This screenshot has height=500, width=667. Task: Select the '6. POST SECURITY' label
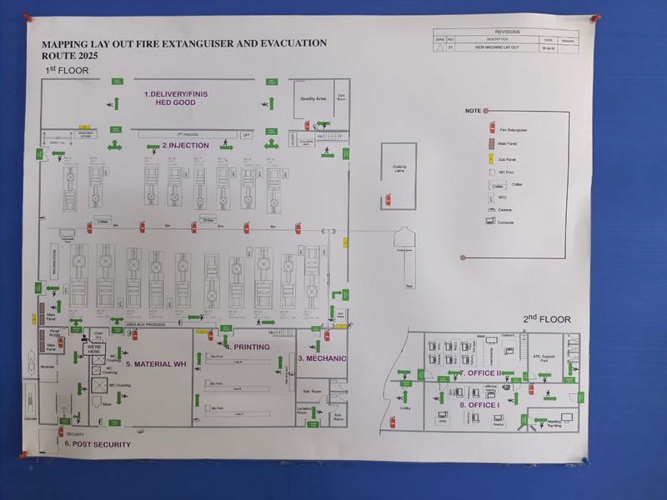98,444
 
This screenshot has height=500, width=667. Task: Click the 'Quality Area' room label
313,98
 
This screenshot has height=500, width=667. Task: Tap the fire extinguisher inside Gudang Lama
388,199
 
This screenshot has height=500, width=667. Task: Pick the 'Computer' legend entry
491,222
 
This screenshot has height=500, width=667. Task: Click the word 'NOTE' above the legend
473,111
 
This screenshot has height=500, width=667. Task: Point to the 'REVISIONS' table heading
507,32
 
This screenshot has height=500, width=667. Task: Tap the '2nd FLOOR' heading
547,319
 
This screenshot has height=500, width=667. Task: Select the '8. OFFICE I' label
479,405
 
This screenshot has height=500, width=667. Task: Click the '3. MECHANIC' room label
322,357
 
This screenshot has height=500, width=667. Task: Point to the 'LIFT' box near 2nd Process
246,134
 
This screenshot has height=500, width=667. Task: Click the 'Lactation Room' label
305,410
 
